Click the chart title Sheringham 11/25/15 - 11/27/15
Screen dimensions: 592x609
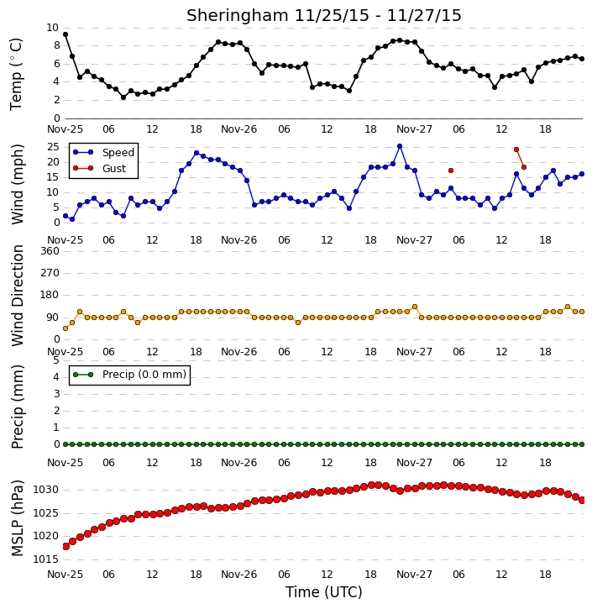324,15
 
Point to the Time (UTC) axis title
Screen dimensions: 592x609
324,592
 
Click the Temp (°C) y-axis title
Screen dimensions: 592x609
16,74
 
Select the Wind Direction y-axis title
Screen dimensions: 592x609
17,296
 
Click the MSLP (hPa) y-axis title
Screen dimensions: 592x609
17,518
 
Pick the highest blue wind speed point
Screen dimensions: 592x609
400,146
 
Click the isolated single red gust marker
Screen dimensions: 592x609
451,171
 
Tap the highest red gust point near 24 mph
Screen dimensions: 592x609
516,150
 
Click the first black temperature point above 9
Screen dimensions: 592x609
65,34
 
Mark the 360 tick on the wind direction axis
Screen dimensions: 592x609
50,251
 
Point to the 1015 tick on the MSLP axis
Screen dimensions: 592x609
46,559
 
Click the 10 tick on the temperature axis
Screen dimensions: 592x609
52,28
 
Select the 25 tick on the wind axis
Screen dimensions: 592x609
53,147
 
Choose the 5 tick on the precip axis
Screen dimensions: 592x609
56,360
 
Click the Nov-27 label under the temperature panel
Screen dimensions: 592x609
414,129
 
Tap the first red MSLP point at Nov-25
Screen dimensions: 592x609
65,547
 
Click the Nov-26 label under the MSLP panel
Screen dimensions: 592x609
238,574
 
